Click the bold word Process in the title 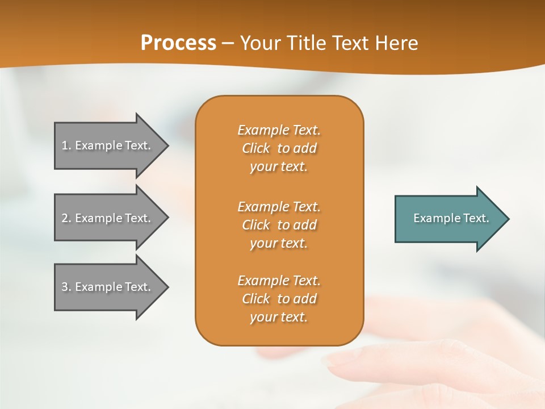click(178, 43)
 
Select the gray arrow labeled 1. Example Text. click(108, 145)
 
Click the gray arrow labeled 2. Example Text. click(108, 218)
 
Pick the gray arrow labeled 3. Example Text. click(108, 287)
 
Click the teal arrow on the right click(448, 218)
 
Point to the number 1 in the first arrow click(65, 145)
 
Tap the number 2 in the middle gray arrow click(65, 218)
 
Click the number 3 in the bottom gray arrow click(65, 287)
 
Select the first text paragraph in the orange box click(279, 148)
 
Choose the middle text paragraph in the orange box click(279, 225)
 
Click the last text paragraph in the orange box click(279, 299)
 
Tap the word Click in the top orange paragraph click(255, 148)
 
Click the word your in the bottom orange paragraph click(262, 317)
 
